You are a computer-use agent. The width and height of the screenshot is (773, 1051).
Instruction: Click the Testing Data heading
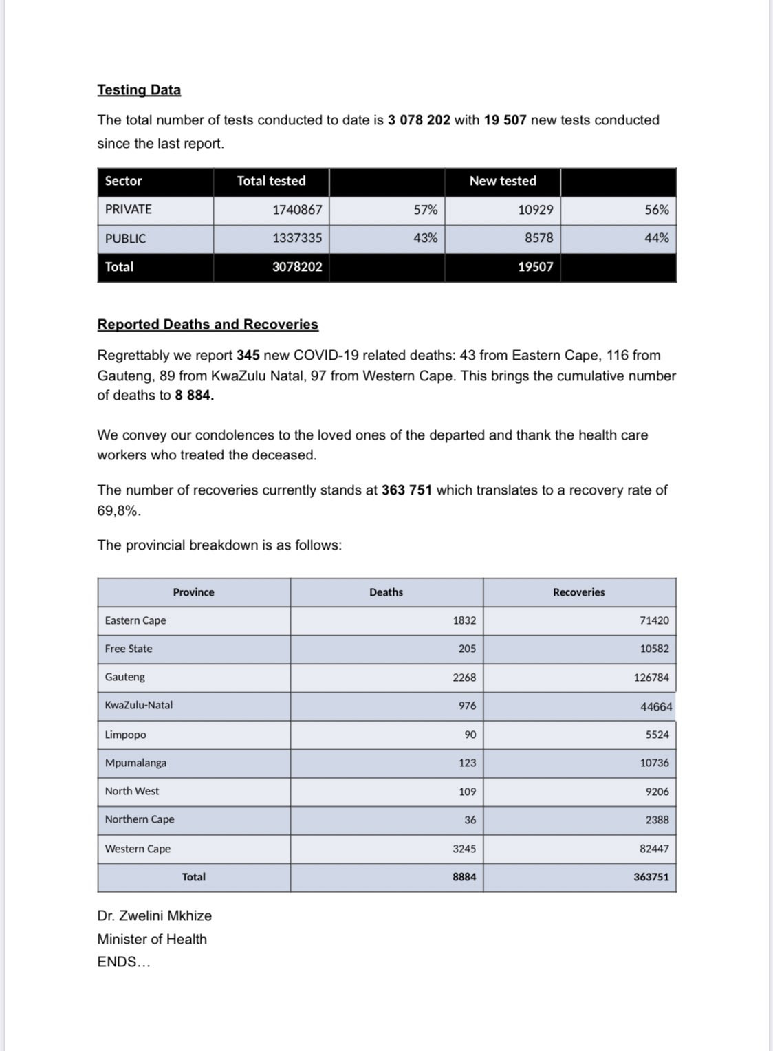point(139,90)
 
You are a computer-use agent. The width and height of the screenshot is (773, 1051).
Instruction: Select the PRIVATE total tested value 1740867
point(297,210)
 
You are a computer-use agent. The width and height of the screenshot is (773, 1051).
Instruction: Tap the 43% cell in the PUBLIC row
point(425,238)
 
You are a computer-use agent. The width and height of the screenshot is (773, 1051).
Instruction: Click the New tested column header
point(503,181)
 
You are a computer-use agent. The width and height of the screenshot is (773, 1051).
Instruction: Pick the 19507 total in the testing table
point(535,267)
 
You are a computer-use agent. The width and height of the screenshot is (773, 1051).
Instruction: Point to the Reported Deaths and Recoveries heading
point(208,325)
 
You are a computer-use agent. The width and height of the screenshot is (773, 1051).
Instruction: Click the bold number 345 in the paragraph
point(248,356)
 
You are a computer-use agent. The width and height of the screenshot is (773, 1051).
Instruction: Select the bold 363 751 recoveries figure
point(406,490)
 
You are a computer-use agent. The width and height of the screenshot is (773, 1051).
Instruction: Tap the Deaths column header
point(386,592)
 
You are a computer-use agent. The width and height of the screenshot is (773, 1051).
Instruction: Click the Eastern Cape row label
point(135,620)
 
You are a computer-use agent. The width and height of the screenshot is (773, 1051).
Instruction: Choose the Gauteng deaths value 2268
point(464,678)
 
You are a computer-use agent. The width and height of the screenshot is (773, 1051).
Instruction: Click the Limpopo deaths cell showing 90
point(470,735)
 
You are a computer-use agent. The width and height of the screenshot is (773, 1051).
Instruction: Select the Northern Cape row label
point(140,819)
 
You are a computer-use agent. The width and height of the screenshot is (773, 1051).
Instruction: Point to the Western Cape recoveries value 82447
point(654,849)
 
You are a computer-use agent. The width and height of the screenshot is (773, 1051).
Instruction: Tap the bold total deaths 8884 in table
point(464,877)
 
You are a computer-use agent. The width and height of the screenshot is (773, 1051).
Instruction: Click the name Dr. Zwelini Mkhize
point(155,916)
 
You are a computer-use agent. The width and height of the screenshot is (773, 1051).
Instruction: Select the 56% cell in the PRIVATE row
point(656,210)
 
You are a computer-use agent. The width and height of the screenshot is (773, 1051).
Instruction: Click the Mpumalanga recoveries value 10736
point(654,763)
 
